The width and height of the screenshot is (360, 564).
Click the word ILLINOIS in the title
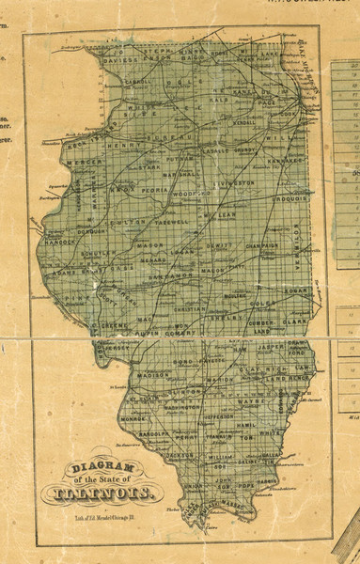[113, 493]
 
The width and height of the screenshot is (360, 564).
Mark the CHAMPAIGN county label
[256, 245]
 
